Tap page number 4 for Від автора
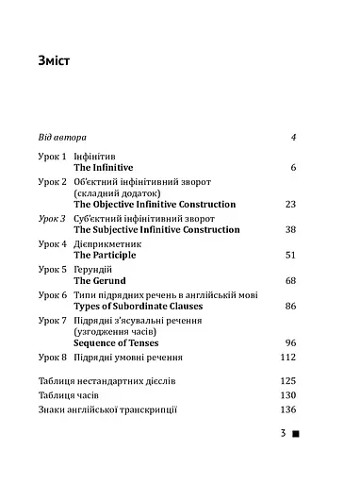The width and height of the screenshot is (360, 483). coord(294,137)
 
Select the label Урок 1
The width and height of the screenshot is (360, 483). coord(53,155)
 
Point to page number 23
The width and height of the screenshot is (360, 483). coord(290,204)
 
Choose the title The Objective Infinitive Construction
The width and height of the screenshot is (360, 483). coord(155,204)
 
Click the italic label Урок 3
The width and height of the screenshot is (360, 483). coord(53,218)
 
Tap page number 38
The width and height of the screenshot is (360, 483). coord(290,229)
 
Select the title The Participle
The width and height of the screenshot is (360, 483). coord(105,255)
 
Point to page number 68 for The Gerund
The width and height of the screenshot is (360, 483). coord(290,281)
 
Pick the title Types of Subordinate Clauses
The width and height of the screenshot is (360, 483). coord(138,307)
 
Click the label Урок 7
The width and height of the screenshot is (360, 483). coord(53,321)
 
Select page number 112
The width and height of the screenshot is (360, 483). coord(288,358)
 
